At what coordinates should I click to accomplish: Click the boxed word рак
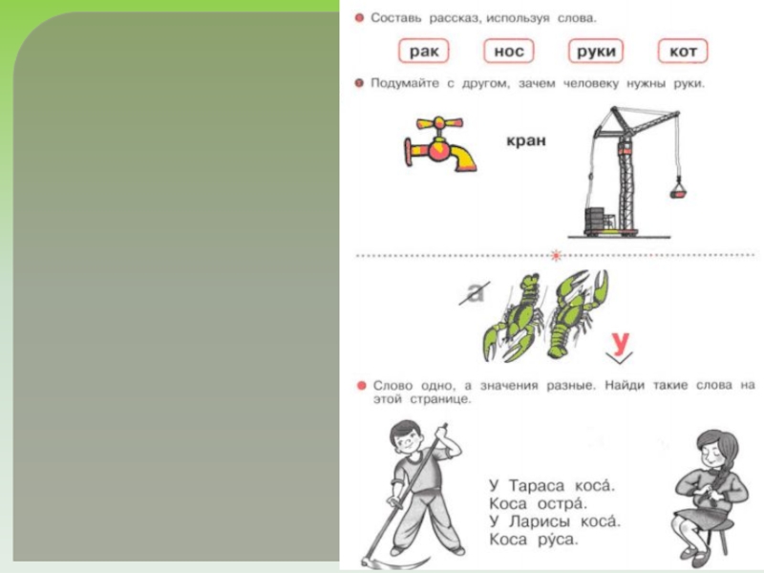(424, 52)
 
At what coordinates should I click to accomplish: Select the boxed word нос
(509, 52)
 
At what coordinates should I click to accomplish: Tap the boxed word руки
(596, 52)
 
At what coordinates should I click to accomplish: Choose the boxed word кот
(683, 52)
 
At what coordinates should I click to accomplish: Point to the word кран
(526, 140)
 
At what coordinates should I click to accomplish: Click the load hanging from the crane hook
(678, 188)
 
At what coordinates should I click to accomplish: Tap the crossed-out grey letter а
(475, 292)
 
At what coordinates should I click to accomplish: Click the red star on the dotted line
(556, 255)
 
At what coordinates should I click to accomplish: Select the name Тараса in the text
(537, 486)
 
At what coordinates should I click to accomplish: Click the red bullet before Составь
(360, 18)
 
